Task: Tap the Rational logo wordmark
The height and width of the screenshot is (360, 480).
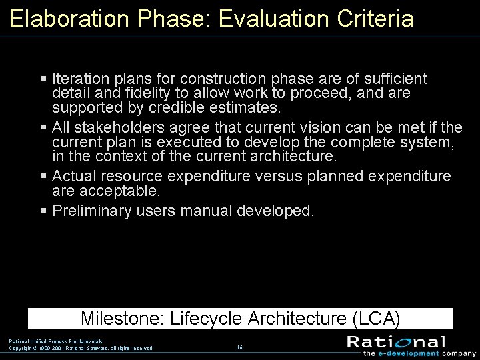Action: [396, 342]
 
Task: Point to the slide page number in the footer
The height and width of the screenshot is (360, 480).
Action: [239, 347]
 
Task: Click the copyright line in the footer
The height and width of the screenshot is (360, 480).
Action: [80, 348]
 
